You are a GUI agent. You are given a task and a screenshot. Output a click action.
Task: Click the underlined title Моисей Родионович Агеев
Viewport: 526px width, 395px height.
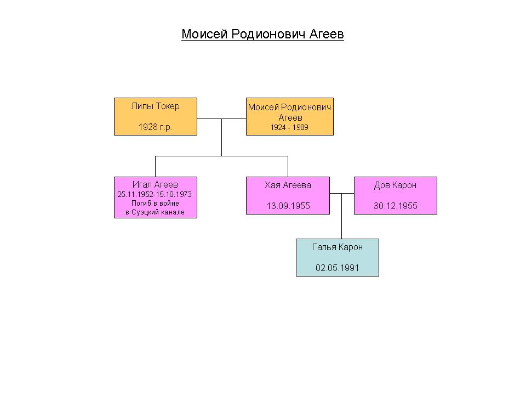(x=262, y=34)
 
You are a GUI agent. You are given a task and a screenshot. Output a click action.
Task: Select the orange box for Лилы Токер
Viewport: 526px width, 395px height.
(x=156, y=116)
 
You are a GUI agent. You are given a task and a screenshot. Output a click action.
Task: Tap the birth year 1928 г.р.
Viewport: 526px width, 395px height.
(x=155, y=127)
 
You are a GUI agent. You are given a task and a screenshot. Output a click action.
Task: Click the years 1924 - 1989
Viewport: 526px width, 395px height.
(x=289, y=127)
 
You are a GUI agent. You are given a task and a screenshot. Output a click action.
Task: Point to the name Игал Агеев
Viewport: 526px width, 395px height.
(x=155, y=184)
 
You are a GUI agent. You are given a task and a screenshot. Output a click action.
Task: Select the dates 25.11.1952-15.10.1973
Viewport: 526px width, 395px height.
(x=155, y=194)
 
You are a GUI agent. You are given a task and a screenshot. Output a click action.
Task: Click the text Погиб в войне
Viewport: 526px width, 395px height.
(x=155, y=203)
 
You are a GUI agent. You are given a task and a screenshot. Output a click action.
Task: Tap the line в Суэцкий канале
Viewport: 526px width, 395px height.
(x=155, y=212)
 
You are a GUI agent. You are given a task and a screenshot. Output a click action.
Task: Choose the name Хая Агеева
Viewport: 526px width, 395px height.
(x=288, y=185)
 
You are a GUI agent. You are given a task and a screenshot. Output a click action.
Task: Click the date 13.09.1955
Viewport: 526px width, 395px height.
(x=288, y=206)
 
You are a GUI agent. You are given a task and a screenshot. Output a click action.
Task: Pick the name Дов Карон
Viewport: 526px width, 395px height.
(x=396, y=185)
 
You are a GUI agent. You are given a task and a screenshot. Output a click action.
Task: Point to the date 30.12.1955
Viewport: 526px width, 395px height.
(x=396, y=206)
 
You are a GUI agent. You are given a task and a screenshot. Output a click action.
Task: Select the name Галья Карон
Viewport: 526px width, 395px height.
(x=338, y=247)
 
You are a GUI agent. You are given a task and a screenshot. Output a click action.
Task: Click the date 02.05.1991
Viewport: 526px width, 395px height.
(x=338, y=268)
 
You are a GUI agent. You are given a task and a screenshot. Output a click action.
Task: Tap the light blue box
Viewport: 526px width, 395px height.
(x=338, y=258)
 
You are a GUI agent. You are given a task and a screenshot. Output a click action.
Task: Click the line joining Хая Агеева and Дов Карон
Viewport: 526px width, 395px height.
(x=342, y=194)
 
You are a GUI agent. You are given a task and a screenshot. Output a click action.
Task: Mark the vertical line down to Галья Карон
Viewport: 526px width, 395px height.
(x=342, y=216)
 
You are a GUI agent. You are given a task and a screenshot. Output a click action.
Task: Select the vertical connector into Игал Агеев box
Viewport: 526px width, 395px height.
(x=155, y=167)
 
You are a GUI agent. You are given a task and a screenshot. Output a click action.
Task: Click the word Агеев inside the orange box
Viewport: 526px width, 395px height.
(x=290, y=117)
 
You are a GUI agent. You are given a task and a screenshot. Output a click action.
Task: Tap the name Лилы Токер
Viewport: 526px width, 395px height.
(x=155, y=106)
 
